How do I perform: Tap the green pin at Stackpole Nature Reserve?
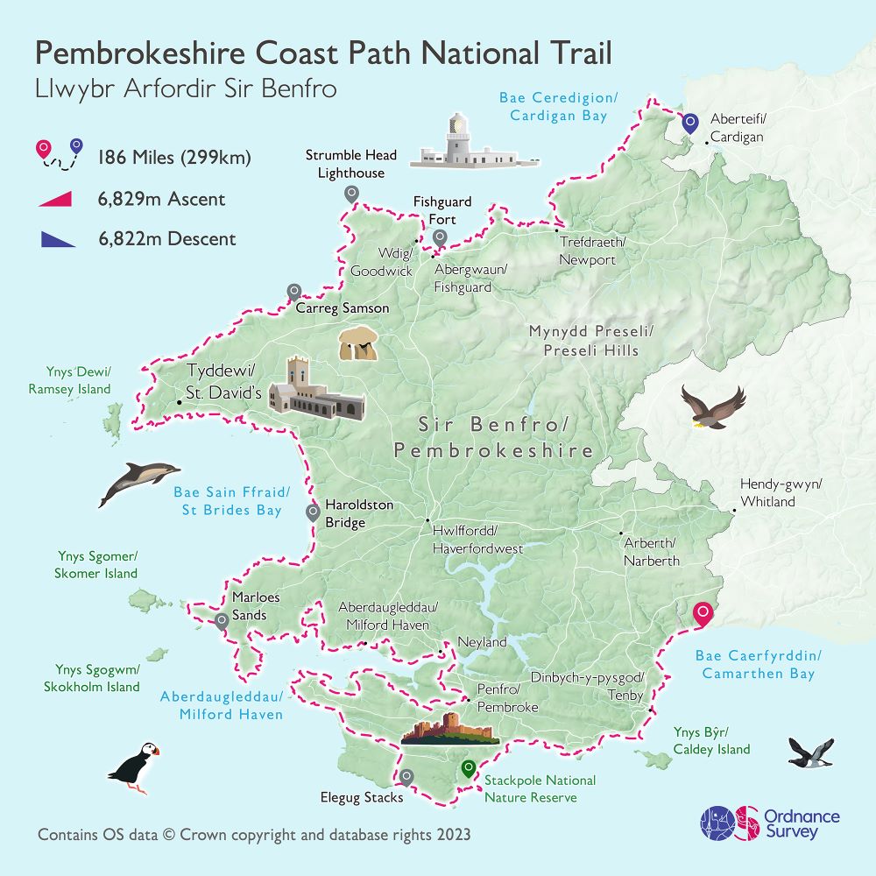tap(467, 768)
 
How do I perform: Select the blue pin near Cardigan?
tap(690, 124)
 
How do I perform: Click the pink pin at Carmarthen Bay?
tap(701, 615)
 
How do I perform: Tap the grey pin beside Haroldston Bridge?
tap(312, 512)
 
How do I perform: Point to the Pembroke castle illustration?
tap(449, 731)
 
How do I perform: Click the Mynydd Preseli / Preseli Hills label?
tap(583, 341)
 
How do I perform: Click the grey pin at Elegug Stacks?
tap(406, 776)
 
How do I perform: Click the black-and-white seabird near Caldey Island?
tap(811, 752)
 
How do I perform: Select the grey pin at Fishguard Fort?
tap(440, 237)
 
